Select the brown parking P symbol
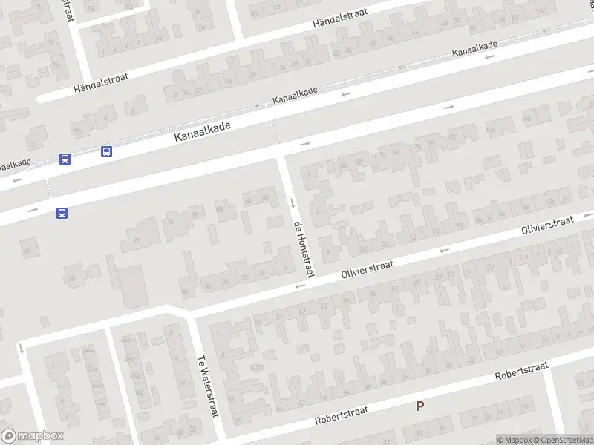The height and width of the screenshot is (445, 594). (420, 406)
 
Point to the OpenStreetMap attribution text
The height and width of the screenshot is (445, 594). (561, 440)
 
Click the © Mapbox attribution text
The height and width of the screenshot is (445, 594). (515, 440)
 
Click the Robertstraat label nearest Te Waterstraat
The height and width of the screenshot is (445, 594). (342, 415)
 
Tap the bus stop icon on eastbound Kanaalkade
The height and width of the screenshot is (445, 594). (62, 213)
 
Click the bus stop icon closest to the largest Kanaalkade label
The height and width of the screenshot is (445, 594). (106, 151)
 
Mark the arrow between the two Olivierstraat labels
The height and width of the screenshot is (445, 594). (444, 251)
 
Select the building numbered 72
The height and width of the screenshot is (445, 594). (136, 241)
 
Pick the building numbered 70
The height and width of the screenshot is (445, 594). (72, 278)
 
